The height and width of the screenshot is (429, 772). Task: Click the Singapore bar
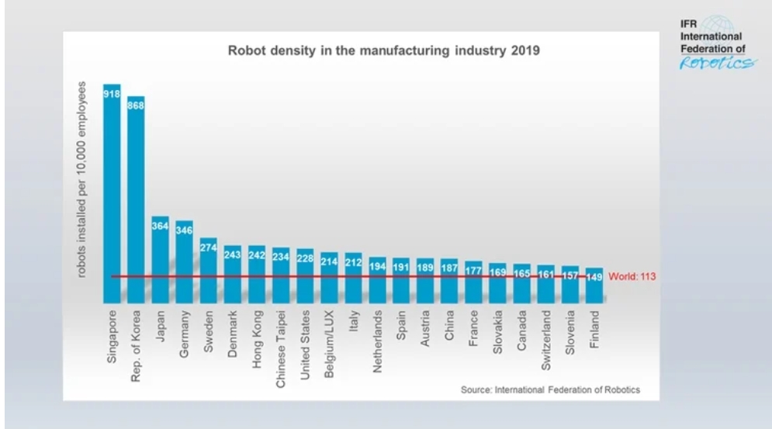tap(112, 194)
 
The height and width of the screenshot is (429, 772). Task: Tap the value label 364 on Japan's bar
tap(160, 225)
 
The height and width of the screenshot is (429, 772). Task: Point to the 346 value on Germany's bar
tap(184, 230)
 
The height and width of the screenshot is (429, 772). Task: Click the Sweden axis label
tap(209, 332)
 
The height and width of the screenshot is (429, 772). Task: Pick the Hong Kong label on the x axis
tap(257, 338)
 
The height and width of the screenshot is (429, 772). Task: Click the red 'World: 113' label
tap(633, 276)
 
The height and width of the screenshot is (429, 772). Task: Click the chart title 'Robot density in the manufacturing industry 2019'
tap(383, 51)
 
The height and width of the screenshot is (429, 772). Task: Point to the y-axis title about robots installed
tap(81, 179)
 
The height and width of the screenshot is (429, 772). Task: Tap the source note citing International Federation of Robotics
tap(550, 389)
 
